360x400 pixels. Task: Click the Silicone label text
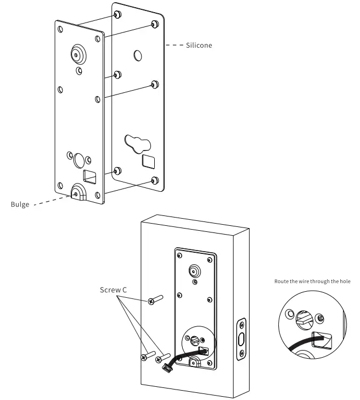click(199, 46)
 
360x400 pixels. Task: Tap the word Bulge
click(20, 205)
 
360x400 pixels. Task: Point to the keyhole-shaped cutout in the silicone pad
click(137, 143)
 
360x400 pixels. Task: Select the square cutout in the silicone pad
click(148, 162)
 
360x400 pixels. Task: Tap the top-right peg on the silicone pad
click(154, 24)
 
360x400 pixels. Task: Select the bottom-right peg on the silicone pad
click(154, 180)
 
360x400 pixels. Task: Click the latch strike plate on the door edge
click(241, 338)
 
